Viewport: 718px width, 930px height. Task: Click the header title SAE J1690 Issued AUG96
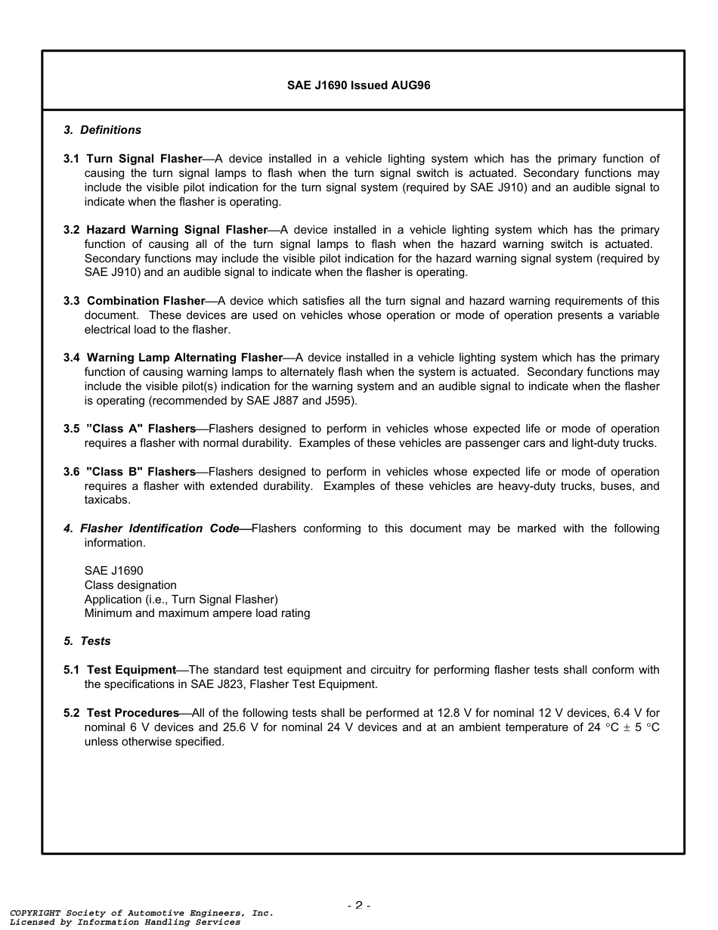coord(358,85)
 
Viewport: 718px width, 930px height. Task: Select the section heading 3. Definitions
coord(102,130)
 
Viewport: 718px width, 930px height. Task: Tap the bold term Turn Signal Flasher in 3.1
coord(144,159)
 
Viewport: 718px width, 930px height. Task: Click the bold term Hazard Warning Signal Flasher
coord(177,230)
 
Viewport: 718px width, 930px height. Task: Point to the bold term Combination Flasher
coord(146,301)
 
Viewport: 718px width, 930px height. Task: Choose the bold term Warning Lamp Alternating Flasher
coord(184,358)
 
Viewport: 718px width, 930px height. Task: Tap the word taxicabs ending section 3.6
coord(107,500)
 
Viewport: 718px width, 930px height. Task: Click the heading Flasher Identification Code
coord(159,529)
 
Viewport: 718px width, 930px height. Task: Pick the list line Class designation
coord(130,585)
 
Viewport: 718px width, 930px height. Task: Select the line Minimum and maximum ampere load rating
coord(197,613)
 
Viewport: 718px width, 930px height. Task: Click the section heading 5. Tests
coord(87,641)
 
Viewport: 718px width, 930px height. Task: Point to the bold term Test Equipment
coord(131,670)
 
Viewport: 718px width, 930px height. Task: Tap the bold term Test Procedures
coord(132,713)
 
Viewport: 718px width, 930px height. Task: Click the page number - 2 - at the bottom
coord(358,905)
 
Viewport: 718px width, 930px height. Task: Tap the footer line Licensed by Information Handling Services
coord(125,922)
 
